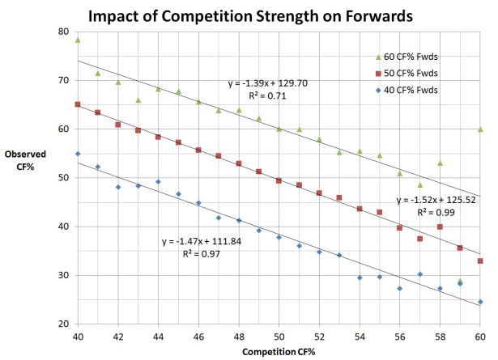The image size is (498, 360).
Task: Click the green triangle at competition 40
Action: [x=78, y=40]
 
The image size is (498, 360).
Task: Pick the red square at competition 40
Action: [x=78, y=104]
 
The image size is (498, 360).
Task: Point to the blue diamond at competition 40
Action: [x=78, y=154]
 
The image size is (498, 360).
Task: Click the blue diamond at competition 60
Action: [x=480, y=302]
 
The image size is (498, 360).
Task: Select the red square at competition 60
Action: [x=480, y=260]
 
